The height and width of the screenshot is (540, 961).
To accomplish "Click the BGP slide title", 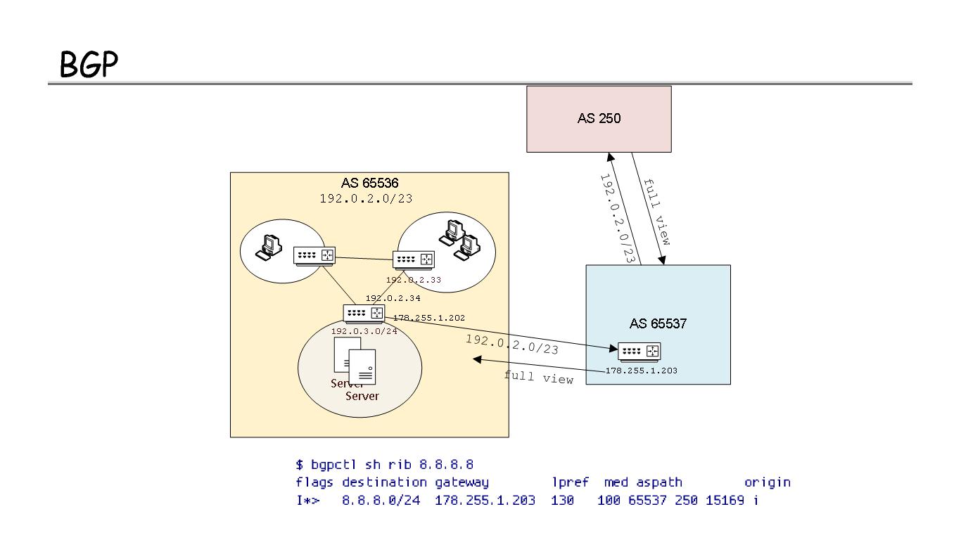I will (89, 65).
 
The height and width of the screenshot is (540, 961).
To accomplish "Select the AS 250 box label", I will (599, 118).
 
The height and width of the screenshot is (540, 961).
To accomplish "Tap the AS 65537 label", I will (658, 324).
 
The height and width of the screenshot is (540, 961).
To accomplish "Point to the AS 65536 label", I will (370, 184).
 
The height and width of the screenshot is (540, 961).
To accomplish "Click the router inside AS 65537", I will (639, 351).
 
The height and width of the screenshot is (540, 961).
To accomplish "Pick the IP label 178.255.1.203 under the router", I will (641, 371).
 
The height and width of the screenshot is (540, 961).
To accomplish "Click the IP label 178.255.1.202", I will (428, 318).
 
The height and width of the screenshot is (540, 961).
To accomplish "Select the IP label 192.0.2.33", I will (413, 279).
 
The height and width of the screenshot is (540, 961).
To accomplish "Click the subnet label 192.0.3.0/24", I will (364, 331).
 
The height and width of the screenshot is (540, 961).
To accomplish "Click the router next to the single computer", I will (314, 256).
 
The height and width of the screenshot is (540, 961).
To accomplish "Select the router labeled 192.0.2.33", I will (414, 259).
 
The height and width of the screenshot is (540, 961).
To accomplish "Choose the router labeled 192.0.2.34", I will (364, 314).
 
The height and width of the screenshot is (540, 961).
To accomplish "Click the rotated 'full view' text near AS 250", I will (656, 211).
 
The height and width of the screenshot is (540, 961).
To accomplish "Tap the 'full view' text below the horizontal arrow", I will (538, 378).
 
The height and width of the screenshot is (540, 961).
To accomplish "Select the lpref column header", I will (570, 482).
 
